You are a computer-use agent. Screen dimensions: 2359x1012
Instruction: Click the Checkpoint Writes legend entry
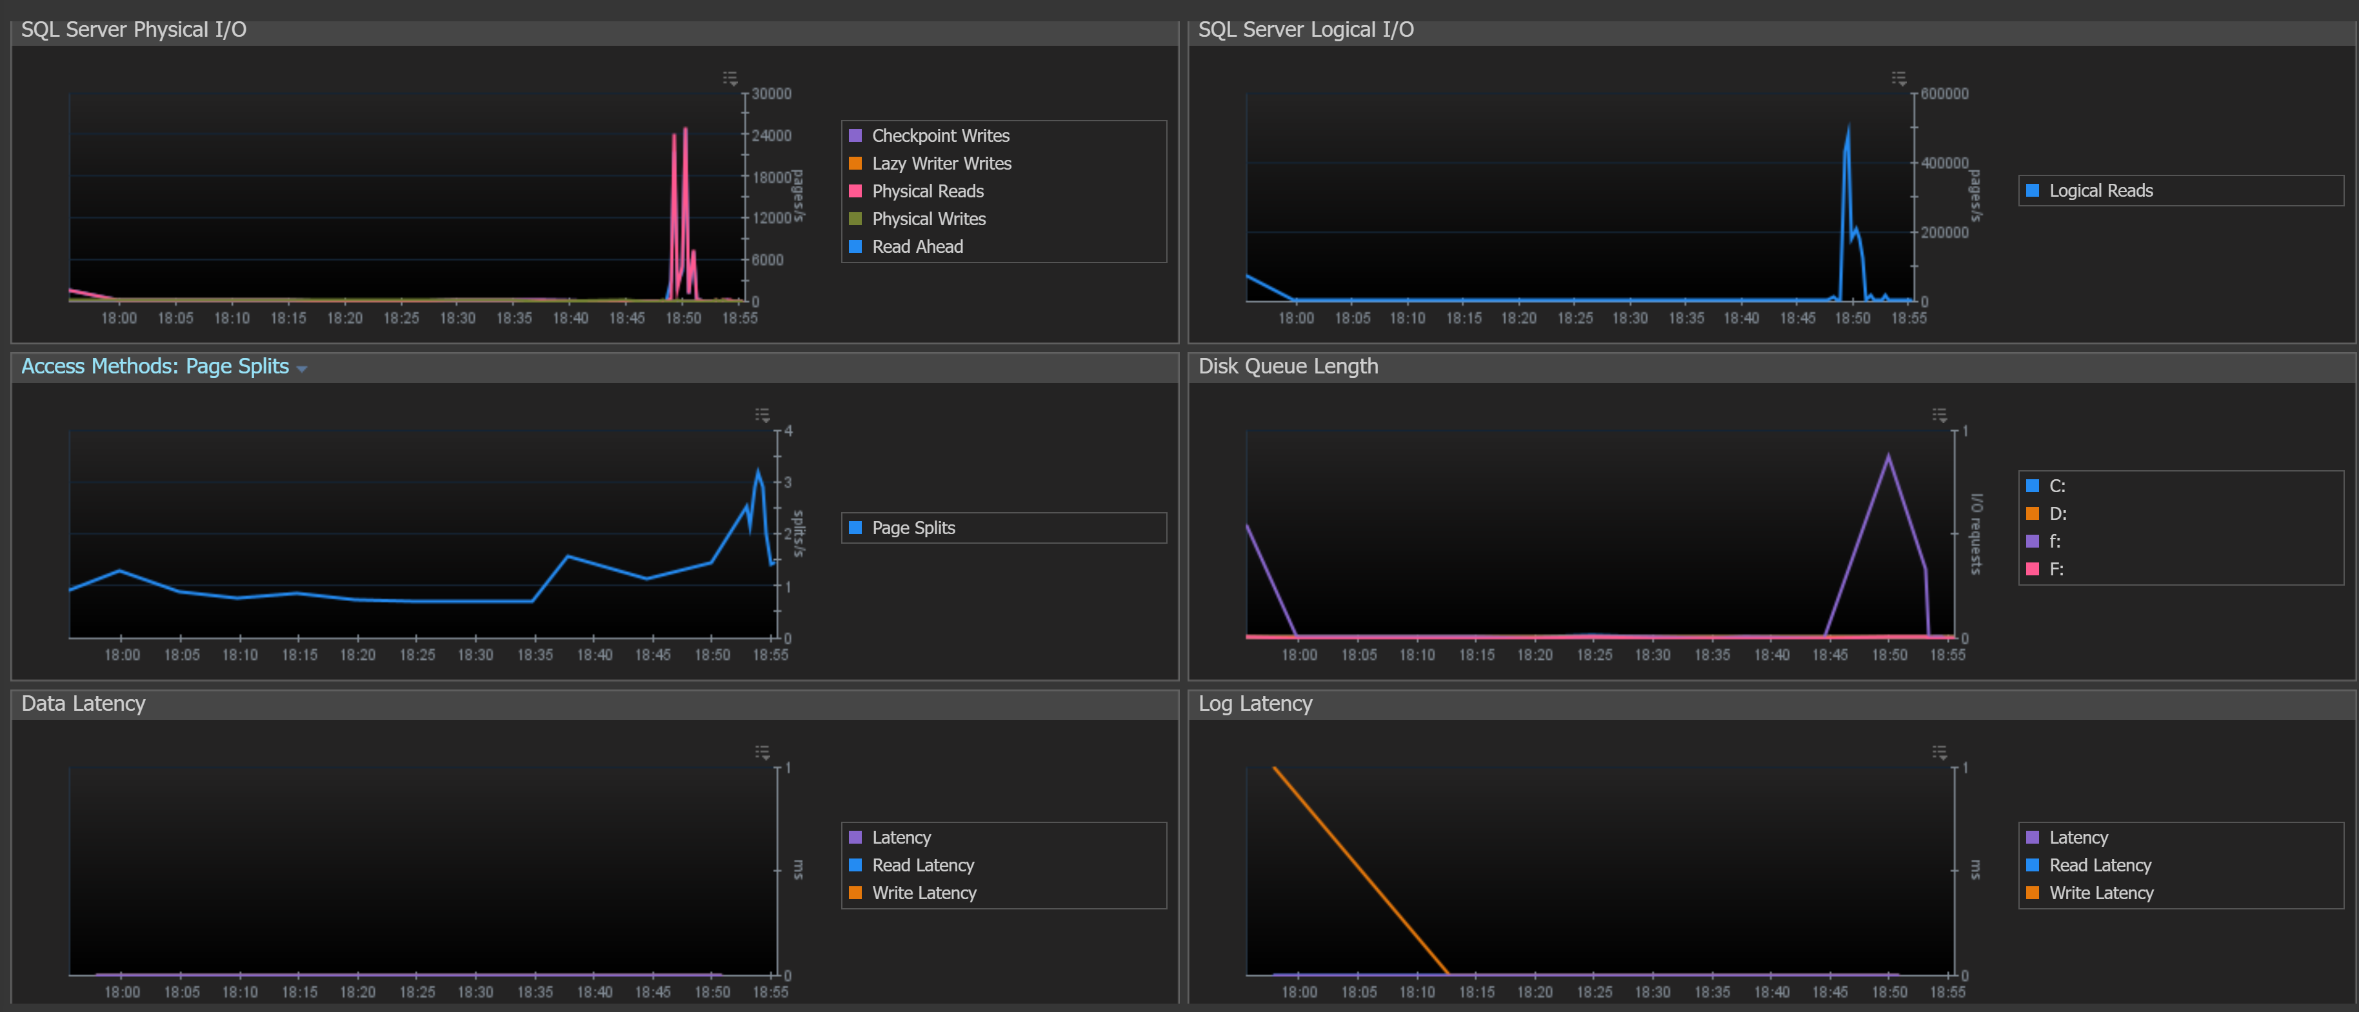(x=930, y=135)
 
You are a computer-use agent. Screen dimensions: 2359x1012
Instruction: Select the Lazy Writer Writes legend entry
(x=930, y=163)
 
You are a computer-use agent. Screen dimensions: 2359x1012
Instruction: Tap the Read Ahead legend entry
(x=906, y=246)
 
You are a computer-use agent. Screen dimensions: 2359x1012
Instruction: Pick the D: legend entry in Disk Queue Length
(x=2047, y=514)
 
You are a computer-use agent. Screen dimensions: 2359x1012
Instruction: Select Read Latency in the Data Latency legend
(x=911, y=866)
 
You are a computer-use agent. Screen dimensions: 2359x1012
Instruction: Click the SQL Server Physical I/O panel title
(x=134, y=29)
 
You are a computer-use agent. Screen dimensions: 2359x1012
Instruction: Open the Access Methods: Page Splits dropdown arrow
(x=302, y=369)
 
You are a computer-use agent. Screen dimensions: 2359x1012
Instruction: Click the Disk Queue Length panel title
(x=1288, y=366)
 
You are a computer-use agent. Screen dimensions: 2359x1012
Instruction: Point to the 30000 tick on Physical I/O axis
(x=771, y=94)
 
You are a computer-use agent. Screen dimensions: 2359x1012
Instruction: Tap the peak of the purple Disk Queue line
(x=1888, y=455)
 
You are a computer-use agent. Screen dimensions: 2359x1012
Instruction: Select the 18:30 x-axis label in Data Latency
(x=475, y=992)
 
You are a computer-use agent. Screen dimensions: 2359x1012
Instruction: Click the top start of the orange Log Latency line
(x=1274, y=768)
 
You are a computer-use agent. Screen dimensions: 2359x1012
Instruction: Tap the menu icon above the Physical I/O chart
(x=730, y=78)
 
